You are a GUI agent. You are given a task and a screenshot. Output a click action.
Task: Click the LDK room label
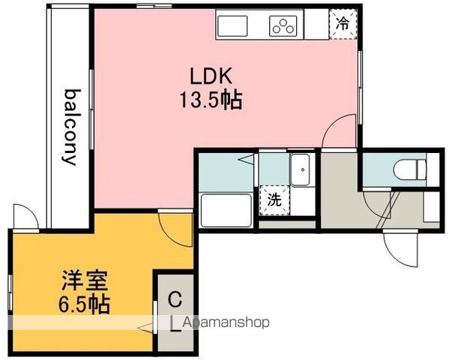coord(211,76)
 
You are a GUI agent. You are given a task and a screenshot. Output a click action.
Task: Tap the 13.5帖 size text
coord(211,100)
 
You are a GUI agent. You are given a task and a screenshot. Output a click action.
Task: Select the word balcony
coord(70,127)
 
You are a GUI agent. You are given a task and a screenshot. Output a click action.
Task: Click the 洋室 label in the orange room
coord(85,280)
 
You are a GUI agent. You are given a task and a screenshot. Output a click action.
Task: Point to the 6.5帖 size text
coord(84,304)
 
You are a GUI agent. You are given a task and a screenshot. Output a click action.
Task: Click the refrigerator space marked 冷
coord(343,24)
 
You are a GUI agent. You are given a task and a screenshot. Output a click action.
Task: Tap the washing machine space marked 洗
coord(274,200)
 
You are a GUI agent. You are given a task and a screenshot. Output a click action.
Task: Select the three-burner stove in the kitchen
coord(283,26)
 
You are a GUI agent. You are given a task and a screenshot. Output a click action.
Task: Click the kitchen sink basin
coord(232,26)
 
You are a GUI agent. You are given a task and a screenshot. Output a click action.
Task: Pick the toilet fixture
coord(409,170)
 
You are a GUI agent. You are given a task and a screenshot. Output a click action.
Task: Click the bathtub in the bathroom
coord(226,211)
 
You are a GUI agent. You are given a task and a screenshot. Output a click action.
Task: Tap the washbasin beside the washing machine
coord(300,169)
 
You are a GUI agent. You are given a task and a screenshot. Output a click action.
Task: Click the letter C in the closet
coord(175,300)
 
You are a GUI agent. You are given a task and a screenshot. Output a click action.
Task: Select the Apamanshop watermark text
coord(226,322)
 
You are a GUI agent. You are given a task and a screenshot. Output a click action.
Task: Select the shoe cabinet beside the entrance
coord(431,206)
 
